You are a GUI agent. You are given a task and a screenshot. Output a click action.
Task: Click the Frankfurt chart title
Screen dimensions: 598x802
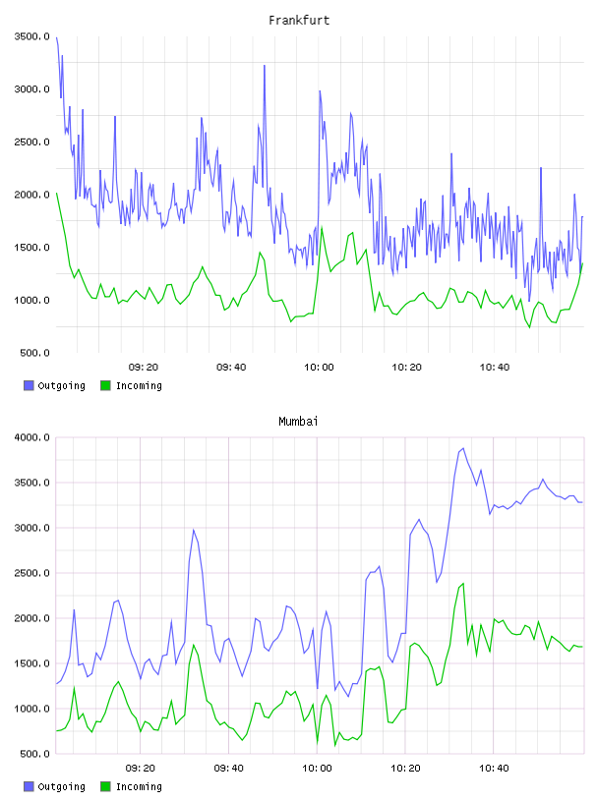pos(299,21)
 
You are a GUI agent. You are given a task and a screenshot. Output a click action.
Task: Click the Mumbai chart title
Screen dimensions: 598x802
pos(298,422)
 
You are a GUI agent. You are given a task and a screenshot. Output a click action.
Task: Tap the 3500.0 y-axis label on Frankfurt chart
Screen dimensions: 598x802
pos(31,36)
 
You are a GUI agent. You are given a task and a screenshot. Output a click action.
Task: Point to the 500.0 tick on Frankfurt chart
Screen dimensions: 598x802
pos(34,353)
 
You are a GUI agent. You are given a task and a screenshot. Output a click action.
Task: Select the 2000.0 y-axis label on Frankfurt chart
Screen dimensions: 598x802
pos(31,195)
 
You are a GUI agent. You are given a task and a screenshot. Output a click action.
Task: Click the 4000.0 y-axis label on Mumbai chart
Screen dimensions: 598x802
pos(31,437)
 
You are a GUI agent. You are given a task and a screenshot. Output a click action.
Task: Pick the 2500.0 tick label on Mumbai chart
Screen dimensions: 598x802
pos(31,573)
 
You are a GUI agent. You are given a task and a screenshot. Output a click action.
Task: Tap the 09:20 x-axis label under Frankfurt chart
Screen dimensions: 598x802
pos(144,368)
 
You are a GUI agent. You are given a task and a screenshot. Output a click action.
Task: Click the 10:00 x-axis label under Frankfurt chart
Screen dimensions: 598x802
pos(319,368)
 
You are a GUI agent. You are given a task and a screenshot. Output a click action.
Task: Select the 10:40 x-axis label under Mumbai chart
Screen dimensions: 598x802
pos(494,769)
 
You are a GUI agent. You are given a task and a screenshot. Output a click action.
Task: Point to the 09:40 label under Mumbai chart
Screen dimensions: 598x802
pos(228,769)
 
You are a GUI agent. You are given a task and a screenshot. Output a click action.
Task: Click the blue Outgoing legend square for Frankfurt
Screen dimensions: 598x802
pos(29,385)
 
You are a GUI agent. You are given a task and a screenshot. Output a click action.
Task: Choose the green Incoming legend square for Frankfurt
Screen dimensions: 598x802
pos(105,385)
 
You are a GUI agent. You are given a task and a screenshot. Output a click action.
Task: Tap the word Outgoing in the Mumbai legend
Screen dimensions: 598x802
pos(61,786)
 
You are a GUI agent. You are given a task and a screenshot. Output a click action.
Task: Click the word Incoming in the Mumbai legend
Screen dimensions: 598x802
pos(139,786)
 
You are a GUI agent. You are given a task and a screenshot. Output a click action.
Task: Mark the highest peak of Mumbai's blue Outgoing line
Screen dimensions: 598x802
pos(463,448)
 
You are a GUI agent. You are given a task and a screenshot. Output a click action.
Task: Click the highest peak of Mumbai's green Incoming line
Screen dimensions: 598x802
pos(463,583)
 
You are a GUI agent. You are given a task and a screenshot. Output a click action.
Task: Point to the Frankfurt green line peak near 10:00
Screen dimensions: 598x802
pos(322,227)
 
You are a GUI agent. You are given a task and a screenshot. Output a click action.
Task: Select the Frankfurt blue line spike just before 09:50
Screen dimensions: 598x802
pos(265,66)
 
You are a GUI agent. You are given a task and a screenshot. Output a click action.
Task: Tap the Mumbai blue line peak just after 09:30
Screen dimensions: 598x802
pos(194,530)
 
